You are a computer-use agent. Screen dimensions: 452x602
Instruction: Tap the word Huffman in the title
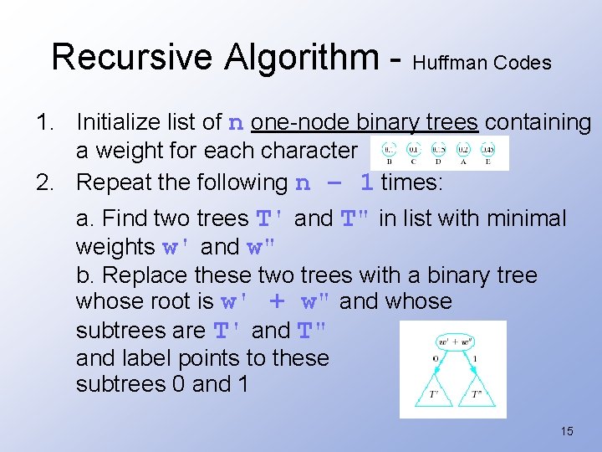tap(450, 63)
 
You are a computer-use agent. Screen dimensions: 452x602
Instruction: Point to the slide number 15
tap(567, 431)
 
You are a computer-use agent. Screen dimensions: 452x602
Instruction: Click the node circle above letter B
tap(389, 150)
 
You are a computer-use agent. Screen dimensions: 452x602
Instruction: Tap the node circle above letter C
tap(414, 150)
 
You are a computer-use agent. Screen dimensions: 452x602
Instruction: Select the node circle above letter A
tap(464, 150)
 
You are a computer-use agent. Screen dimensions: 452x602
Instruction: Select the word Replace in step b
tap(140, 275)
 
